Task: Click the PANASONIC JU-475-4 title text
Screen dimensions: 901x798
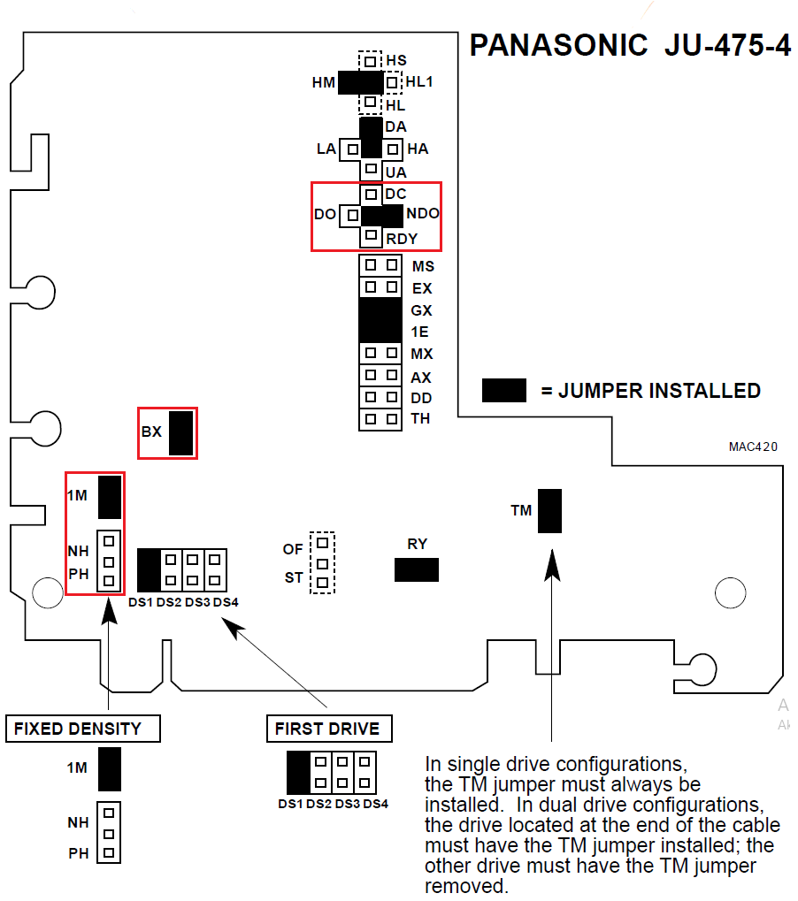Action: coord(629,45)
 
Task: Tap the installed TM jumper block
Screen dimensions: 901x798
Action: coord(549,510)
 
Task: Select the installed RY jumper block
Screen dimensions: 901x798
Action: coord(417,569)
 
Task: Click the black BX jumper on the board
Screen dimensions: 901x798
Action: coord(180,432)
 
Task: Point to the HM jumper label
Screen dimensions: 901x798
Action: coord(324,83)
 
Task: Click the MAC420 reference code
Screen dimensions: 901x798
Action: coord(753,447)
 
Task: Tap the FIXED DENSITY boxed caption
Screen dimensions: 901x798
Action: coord(85,729)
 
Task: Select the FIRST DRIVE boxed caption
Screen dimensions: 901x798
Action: coord(327,729)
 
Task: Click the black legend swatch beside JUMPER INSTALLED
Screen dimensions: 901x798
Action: coord(503,390)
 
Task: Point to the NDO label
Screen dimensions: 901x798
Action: coord(422,213)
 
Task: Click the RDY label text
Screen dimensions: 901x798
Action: coord(401,238)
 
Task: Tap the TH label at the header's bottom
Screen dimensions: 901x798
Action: coord(420,418)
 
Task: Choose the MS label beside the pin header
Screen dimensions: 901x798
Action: coord(423,265)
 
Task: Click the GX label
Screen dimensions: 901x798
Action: coord(421,310)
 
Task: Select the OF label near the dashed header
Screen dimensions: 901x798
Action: coord(293,549)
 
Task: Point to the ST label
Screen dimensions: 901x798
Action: coord(294,578)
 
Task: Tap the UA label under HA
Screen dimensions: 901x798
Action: coord(396,172)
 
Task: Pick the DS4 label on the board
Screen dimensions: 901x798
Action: coord(226,602)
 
